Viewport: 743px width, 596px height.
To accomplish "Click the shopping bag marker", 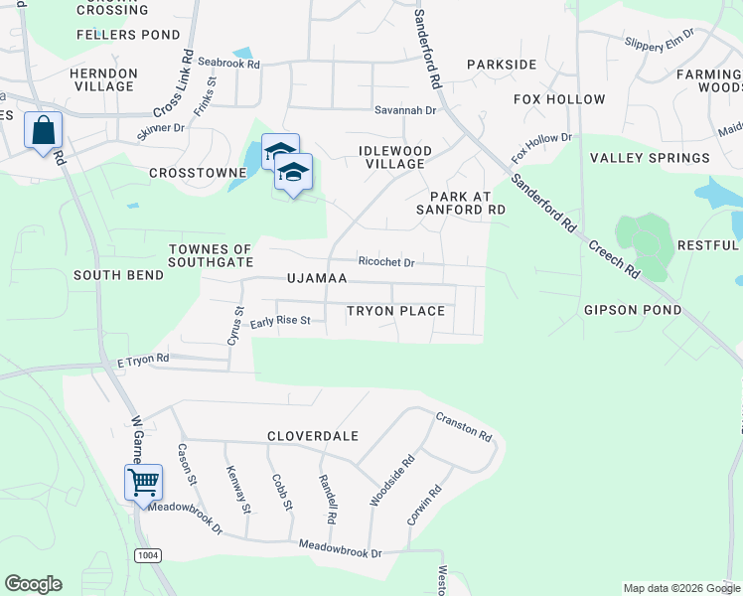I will [x=44, y=130].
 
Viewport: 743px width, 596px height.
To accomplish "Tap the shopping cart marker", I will [x=143, y=483].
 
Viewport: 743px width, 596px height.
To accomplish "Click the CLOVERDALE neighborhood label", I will [x=312, y=436].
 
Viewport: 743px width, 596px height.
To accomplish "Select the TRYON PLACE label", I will [x=395, y=311].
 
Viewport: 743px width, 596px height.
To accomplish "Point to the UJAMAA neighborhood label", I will [x=317, y=279].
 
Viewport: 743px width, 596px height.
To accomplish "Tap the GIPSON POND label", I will [x=634, y=310].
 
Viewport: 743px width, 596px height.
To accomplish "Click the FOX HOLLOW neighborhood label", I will [x=559, y=99].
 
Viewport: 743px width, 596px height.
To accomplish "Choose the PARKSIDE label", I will [x=502, y=65].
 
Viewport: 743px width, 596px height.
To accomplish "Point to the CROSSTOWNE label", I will [x=197, y=173].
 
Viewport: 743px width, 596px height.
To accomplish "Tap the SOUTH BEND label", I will [x=118, y=274].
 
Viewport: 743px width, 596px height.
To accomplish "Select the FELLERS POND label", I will [x=124, y=35].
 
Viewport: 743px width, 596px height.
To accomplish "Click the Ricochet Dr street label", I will [x=385, y=262].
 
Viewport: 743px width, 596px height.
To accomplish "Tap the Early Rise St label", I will [x=280, y=321].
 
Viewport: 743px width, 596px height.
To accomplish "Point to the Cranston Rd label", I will [x=464, y=426].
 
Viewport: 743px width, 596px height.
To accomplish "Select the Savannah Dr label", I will [x=405, y=110].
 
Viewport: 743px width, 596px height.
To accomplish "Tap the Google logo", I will [x=33, y=584].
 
